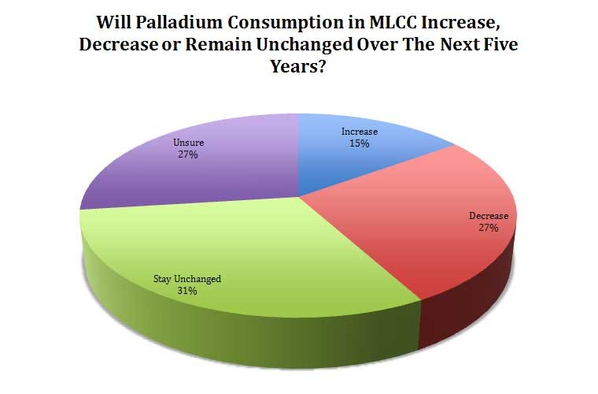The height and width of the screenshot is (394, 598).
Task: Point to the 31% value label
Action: tap(187, 291)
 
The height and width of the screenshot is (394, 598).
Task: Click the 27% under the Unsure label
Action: tap(187, 155)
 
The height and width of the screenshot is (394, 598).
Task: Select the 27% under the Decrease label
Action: tap(488, 228)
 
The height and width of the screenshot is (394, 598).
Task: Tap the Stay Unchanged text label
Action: tap(187, 278)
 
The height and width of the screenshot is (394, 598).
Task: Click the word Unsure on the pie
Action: tap(187, 143)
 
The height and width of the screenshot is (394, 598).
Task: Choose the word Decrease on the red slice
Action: tap(489, 215)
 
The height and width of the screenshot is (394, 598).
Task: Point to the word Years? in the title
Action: tap(299, 68)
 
